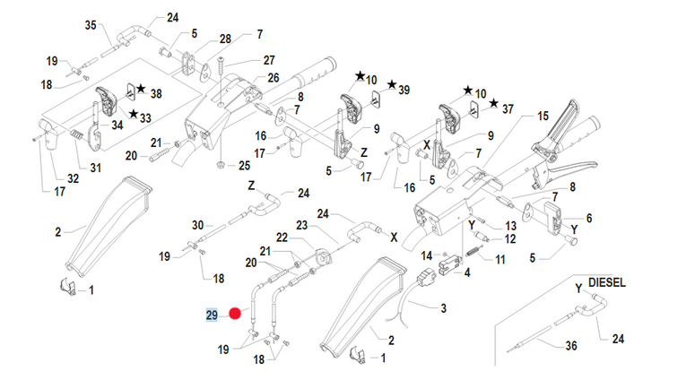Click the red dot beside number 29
click(x=236, y=314)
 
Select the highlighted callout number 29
click(x=213, y=315)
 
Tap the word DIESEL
click(x=607, y=282)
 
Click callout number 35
click(x=90, y=24)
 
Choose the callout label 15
click(x=542, y=117)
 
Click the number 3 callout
click(x=442, y=310)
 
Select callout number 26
click(x=274, y=77)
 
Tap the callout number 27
click(x=268, y=61)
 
